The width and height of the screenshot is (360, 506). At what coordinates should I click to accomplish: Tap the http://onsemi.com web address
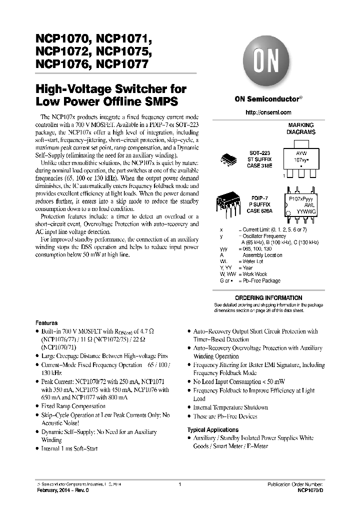pyautogui.click(x=268, y=112)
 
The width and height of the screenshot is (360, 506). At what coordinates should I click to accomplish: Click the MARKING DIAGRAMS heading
pyautogui.click(x=300, y=128)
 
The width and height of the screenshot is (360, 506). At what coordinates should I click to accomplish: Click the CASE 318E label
pyautogui.click(x=259, y=165)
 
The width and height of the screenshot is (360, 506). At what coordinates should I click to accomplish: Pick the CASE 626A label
pyautogui.click(x=259, y=211)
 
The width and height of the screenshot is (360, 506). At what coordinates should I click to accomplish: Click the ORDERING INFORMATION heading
pyautogui.click(x=268, y=297)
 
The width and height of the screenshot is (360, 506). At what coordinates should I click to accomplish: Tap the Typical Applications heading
pyautogui.click(x=212, y=429)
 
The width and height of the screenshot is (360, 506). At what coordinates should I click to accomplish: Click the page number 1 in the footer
pyautogui.click(x=179, y=484)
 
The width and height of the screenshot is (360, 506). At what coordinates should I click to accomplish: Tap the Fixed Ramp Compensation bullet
pyautogui.click(x=73, y=406)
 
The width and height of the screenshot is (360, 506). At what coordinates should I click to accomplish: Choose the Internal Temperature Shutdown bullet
pyautogui.click(x=230, y=407)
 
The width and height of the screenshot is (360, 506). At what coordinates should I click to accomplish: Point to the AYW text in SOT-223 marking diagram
pyautogui.click(x=301, y=153)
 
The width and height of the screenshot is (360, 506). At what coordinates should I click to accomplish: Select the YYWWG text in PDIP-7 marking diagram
pyautogui.click(x=303, y=211)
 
